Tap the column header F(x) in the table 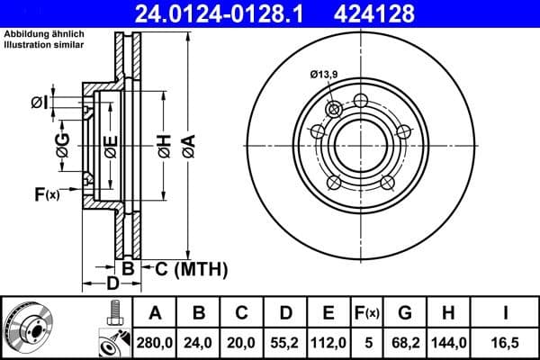[x=367, y=313]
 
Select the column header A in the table [x=156, y=313]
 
